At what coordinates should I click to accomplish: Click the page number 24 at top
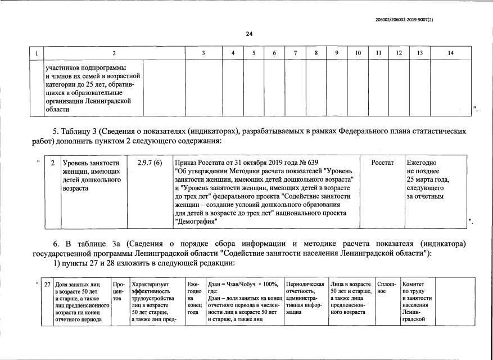click(249, 34)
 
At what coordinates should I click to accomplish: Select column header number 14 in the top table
click(450, 53)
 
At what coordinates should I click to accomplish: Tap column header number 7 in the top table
click(295, 53)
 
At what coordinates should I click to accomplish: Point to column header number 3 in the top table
click(203, 53)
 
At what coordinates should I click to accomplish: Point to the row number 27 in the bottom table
click(47, 285)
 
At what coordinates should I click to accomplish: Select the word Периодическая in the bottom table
click(305, 285)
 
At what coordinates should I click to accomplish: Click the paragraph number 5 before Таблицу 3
click(55, 132)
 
